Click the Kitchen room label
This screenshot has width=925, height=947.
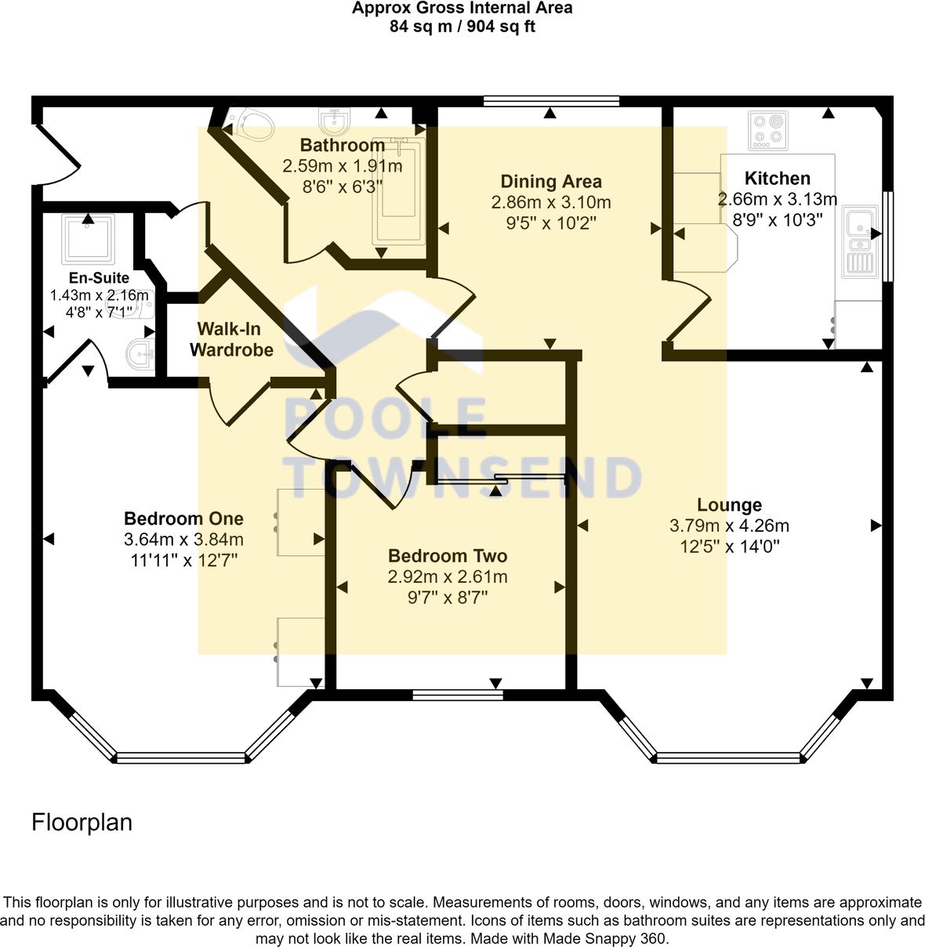(777, 179)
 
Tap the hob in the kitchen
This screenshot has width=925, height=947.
(767, 130)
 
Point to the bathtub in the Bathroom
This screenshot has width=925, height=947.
(401, 190)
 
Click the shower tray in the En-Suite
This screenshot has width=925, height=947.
(88, 237)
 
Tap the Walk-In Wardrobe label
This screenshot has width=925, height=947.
(231, 339)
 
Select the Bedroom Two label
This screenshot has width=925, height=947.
(448, 556)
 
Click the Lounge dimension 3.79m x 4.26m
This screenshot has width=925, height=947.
(728, 526)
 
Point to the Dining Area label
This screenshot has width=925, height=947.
(551, 182)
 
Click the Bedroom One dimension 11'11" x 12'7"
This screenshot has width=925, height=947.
(183, 560)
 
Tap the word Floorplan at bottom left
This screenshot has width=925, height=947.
(82, 822)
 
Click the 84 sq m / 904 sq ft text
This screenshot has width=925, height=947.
(462, 27)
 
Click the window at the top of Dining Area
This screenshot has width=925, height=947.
(551, 100)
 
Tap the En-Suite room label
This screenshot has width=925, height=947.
(99, 278)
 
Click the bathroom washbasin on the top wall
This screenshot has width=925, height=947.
(335, 122)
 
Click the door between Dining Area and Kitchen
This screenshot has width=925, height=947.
(687, 313)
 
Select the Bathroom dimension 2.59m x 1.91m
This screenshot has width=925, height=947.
(342, 166)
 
